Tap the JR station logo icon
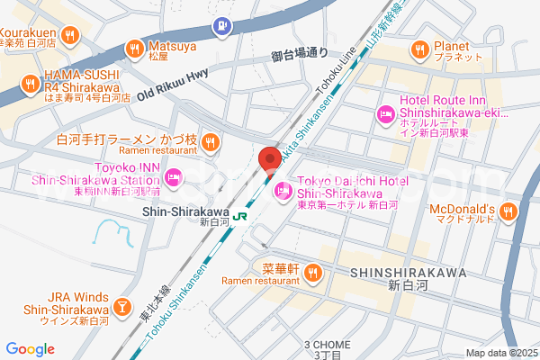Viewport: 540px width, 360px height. click(240, 216)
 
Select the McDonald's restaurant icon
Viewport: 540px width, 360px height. click(508, 211)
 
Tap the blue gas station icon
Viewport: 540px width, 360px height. click(220, 28)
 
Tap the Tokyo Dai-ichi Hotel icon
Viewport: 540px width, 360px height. click(283, 190)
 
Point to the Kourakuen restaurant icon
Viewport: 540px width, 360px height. click(69, 35)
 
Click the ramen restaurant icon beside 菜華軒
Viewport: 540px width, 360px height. click(313, 271)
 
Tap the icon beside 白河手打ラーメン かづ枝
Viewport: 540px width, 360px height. click(210, 140)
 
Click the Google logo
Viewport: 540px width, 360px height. click(30, 349)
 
